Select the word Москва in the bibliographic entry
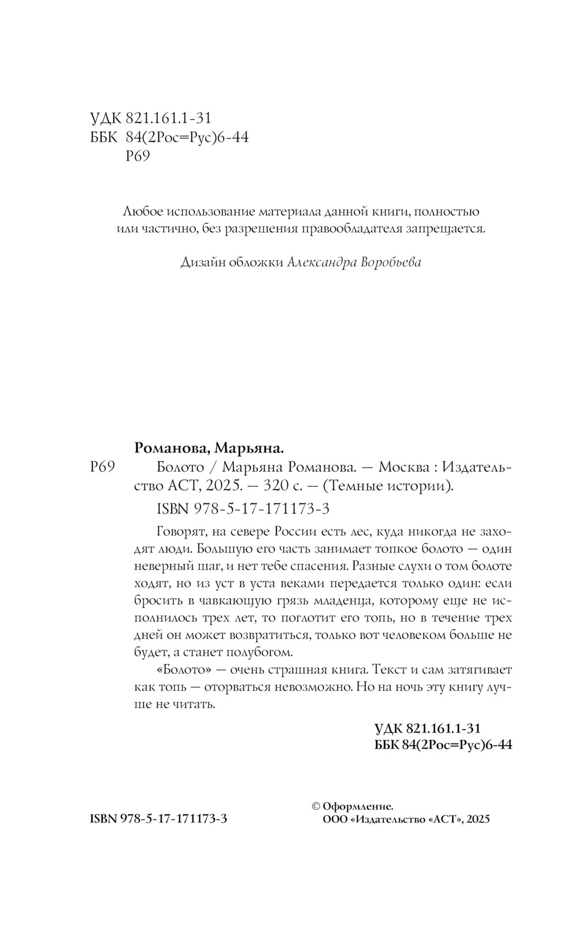point(406,467)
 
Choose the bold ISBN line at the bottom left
point(159,819)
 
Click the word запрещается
point(449,228)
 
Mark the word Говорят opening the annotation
point(180,531)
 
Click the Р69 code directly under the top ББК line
point(138,156)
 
